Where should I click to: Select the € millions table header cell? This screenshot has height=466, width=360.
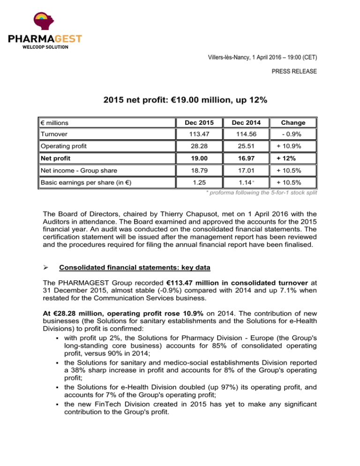point(54,122)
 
